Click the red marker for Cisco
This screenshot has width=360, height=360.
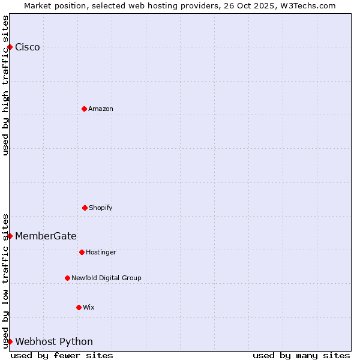click(10, 47)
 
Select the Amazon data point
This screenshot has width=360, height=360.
click(84, 109)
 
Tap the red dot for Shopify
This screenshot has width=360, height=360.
click(85, 208)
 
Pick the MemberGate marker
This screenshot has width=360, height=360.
click(10, 236)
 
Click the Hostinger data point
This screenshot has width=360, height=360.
click(82, 252)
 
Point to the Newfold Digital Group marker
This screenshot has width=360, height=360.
click(67, 278)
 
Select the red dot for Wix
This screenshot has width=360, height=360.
click(79, 307)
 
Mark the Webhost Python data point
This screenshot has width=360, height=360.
click(10, 341)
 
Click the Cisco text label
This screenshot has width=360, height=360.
click(28, 47)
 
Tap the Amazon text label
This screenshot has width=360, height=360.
click(101, 109)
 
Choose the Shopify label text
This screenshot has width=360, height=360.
click(101, 208)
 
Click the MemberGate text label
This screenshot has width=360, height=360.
click(46, 236)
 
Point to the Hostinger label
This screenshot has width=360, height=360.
click(101, 252)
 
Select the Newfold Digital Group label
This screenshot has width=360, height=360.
click(106, 278)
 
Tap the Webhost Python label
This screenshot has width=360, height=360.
click(54, 342)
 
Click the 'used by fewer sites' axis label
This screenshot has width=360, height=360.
click(62, 355)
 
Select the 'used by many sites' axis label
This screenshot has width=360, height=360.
click(301, 355)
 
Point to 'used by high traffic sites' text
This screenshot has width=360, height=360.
click(5, 85)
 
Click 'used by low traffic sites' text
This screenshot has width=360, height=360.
click(5, 280)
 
